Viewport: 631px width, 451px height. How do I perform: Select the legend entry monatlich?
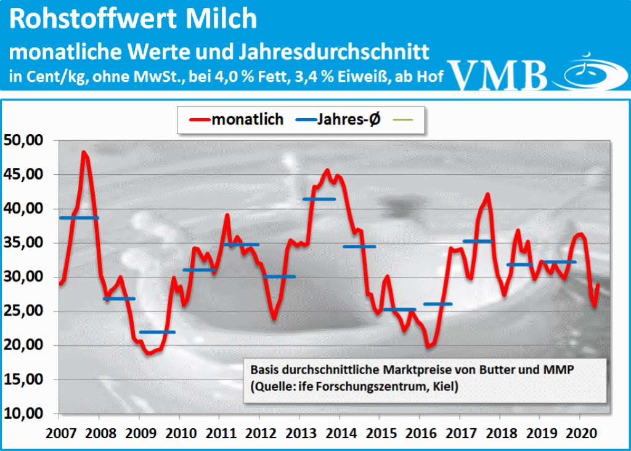point(247,119)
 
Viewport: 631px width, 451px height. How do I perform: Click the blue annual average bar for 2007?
point(79,218)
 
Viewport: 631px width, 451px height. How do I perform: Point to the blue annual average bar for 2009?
point(157,332)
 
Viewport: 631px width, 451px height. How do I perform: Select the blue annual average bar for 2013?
point(319,199)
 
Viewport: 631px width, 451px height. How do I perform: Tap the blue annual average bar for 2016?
point(438,304)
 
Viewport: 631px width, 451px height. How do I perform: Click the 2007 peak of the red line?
point(84,152)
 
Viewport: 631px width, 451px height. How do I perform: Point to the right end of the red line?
point(598,284)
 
